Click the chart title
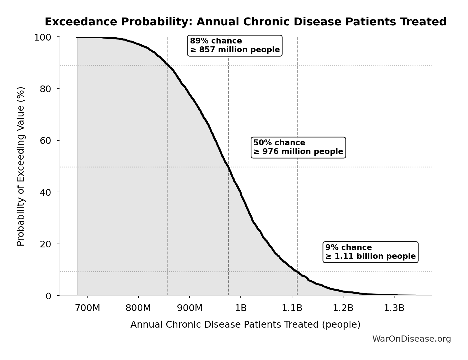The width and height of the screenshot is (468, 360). click(245, 22)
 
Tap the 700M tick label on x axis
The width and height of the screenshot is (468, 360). click(87, 308)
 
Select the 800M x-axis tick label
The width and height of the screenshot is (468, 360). click(138, 308)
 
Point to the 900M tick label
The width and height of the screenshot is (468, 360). click(190, 308)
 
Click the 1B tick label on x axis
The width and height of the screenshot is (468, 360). click(241, 308)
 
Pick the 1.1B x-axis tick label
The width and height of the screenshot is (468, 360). click(292, 308)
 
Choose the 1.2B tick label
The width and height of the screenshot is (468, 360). click(343, 308)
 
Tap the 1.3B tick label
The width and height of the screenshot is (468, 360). click(394, 308)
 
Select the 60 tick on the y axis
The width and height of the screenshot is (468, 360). click(46, 140)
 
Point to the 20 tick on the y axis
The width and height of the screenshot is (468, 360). click(46, 244)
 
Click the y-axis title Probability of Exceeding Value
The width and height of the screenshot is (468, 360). click(21, 166)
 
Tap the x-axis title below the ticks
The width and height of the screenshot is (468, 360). click(245, 324)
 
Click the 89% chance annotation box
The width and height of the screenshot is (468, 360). click(235, 46)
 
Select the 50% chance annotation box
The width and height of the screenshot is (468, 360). click(298, 147)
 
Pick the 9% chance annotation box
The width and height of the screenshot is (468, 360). click(371, 252)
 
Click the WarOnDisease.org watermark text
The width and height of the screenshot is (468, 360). click(411, 339)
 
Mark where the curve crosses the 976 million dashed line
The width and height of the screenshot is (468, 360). click(228, 167)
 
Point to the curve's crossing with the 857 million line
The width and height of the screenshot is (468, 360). click(168, 65)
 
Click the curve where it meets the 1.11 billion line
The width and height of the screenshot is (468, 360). click(297, 272)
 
